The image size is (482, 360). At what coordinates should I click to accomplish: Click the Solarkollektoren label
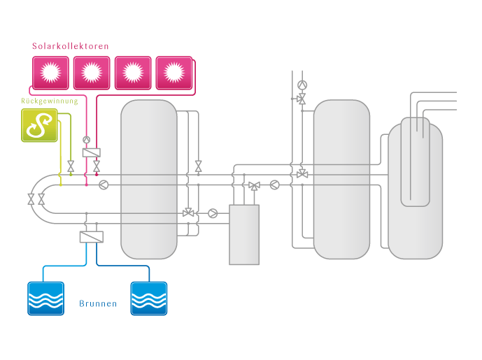70,46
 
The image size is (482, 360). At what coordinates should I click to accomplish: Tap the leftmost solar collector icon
50,72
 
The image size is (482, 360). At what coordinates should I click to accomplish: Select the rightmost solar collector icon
173,72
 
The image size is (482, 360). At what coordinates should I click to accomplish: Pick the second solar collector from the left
91,72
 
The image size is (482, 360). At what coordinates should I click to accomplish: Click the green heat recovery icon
39,126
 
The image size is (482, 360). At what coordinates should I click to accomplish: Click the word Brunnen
97,305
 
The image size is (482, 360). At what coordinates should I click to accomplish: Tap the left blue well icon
45,298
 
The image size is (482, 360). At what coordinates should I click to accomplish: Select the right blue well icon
148,298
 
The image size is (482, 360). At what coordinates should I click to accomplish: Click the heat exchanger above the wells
91,238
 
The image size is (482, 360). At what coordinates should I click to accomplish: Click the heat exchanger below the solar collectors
91,152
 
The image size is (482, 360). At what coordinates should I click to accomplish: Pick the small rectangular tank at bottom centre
244,234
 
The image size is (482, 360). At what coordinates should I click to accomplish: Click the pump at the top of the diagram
302,85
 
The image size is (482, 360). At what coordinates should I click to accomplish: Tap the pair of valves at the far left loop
36,200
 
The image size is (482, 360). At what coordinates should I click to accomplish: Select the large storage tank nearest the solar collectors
149,179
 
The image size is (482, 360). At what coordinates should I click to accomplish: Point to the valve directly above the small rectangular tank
253,186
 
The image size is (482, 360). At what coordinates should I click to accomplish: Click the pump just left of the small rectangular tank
213,213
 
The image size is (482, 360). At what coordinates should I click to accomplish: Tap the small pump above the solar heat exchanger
87,139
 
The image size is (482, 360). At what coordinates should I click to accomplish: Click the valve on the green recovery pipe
71,167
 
